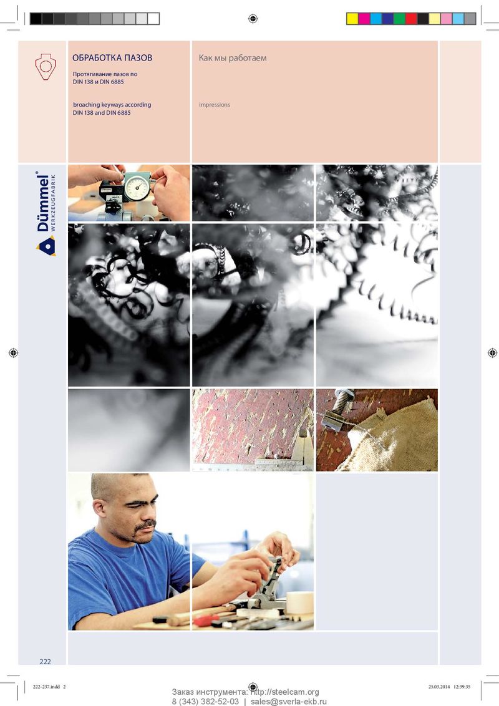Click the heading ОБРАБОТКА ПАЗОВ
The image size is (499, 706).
click(112, 57)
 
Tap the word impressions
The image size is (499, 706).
click(215, 105)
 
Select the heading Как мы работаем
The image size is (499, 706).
click(233, 58)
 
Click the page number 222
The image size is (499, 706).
click(45, 662)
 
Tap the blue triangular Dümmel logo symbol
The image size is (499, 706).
click(46, 247)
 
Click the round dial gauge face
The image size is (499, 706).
click(137, 187)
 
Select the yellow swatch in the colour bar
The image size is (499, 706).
click(352, 19)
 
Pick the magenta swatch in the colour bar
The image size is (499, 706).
click(364, 19)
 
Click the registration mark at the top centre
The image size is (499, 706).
click(253, 19)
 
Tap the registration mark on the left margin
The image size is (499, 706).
click(14, 353)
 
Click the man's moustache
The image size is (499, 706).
click(145, 525)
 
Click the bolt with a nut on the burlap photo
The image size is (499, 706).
click(340, 406)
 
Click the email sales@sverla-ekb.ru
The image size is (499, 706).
click(289, 702)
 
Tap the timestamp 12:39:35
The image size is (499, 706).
click(462, 687)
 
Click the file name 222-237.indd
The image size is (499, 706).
click(46, 687)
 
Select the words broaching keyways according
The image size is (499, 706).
click(112, 104)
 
